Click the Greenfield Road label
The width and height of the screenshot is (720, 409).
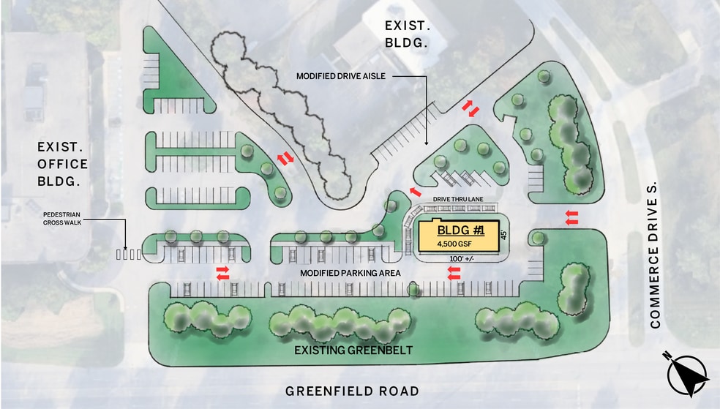[352, 391]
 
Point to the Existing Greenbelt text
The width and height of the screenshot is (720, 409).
[353, 350]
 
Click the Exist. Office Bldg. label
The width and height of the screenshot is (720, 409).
[63, 164]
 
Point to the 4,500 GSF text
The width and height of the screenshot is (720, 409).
[455, 243]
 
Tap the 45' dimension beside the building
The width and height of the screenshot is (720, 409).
[503, 236]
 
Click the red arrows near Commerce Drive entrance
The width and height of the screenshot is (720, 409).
[572, 217]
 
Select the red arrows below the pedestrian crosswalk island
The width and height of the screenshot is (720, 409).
[222, 273]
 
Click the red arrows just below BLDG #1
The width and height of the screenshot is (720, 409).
[454, 273]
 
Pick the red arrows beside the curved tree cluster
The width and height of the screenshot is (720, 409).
[285, 158]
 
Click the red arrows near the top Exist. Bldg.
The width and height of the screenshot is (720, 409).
[470, 109]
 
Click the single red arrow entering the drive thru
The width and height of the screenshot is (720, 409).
[416, 192]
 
